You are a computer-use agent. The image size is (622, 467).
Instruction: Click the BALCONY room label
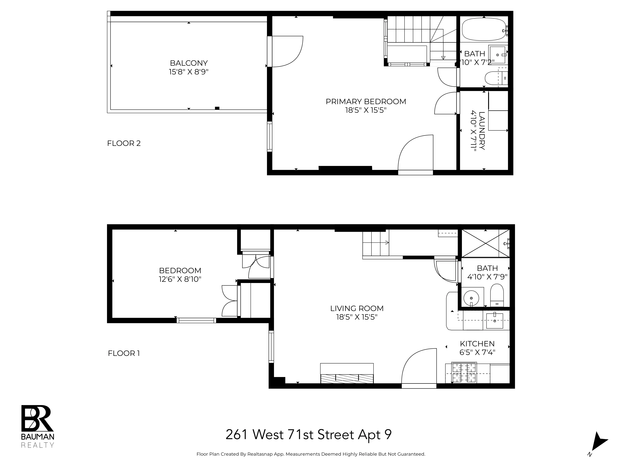[189, 63]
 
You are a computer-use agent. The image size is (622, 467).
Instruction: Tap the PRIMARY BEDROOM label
[366, 102]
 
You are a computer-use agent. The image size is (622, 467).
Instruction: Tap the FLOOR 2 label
[124, 143]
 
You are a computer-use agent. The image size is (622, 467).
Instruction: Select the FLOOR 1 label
[124, 353]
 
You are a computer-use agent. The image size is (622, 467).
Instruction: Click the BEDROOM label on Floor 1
[180, 271]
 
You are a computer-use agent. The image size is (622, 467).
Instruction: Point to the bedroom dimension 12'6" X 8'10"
[180, 279]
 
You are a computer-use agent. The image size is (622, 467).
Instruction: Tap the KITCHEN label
[477, 344]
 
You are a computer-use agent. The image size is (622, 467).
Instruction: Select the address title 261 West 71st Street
[309, 435]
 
